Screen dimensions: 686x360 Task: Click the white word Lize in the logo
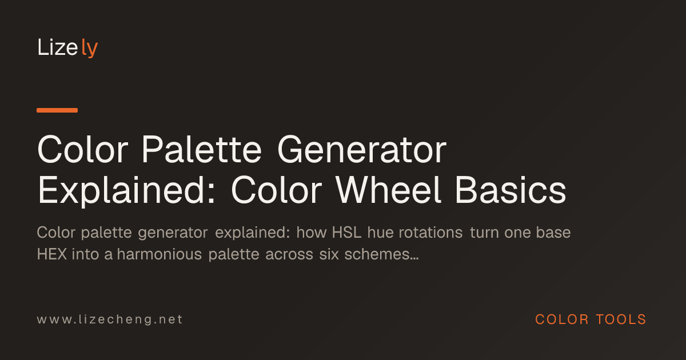point(58,47)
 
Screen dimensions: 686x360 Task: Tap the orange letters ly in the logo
point(89,49)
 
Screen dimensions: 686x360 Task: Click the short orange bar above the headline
point(57,110)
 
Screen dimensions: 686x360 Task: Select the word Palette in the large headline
point(202,150)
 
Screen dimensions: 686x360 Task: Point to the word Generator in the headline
point(362,150)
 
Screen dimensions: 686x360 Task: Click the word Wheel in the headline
point(388,190)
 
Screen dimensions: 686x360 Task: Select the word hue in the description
point(380,233)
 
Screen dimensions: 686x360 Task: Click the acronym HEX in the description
point(52,254)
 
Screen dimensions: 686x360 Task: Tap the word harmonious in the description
point(159,254)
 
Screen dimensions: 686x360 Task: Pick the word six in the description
point(329,254)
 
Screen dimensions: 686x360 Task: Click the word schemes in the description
point(381,254)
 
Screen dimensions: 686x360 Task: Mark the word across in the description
point(289,255)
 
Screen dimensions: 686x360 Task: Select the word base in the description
point(553,233)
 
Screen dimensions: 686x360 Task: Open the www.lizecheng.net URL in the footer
point(110,319)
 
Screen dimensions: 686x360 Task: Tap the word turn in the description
point(484,233)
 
